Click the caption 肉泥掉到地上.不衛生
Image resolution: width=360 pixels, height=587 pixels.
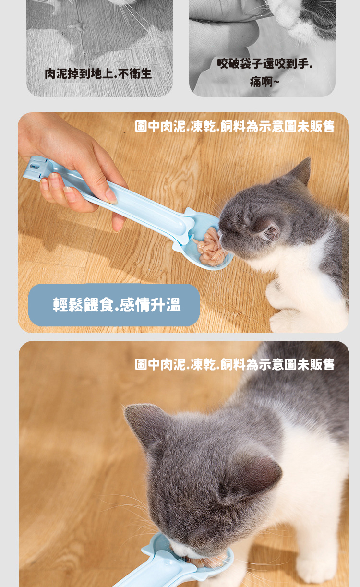[98, 74]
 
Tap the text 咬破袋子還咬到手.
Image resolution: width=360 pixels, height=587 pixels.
[264, 64]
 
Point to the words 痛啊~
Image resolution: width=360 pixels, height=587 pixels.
[264, 82]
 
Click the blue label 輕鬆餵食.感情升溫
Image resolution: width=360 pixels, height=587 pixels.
[117, 305]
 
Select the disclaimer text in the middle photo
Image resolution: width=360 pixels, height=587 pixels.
[235, 126]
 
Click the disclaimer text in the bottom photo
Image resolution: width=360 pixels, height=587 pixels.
[235, 364]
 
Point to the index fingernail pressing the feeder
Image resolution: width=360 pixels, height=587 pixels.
[111, 195]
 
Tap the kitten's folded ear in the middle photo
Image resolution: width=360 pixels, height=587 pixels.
[269, 229]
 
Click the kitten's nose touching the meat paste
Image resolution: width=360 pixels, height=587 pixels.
[221, 235]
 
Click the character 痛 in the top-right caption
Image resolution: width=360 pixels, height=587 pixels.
[255, 82]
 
